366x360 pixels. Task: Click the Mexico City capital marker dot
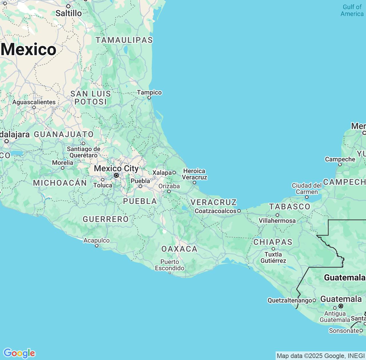[x=116, y=175]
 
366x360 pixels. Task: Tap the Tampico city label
[x=149, y=93]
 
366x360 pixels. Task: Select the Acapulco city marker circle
[x=97, y=246]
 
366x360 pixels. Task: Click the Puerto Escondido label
[x=170, y=265]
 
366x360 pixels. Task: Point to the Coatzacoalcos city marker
[x=239, y=211]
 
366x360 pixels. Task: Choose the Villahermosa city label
[x=277, y=221]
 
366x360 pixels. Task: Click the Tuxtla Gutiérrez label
[x=273, y=257]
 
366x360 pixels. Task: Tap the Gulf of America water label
[x=352, y=10]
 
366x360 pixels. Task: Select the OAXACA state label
[x=179, y=249]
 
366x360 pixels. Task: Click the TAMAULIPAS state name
[x=124, y=40]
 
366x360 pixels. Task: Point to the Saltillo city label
[x=69, y=13]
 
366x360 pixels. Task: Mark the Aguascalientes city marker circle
[x=34, y=107]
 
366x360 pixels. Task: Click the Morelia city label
[x=63, y=163]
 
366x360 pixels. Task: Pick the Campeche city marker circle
[x=340, y=165]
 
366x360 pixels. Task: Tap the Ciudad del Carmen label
[x=307, y=189]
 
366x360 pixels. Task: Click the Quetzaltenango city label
[x=290, y=300]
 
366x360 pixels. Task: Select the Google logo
[x=19, y=353]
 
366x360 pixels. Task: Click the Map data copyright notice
[x=320, y=356]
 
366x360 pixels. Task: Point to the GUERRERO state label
[x=106, y=219]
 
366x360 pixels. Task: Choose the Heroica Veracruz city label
[x=194, y=174]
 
